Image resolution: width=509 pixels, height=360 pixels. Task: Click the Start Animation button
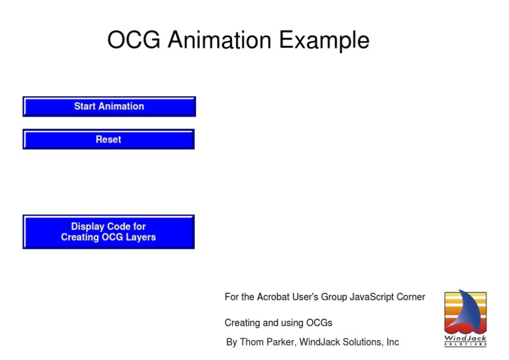pyautogui.click(x=109, y=106)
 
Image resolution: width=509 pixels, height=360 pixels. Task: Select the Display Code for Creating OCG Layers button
pyautogui.click(x=109, y=232)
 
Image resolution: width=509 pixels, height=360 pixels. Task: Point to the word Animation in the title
pyautogui.click(x=219, y=40)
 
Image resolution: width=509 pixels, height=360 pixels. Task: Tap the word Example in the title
pyautogui.click(x=323, y=40)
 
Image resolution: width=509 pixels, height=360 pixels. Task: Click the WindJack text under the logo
pyautogui.click(x=465, y=339)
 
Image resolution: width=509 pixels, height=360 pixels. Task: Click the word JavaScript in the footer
pyautogui.click(x=373, y=297)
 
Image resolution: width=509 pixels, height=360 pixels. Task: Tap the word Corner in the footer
pyautogui.click(x=412, y=297)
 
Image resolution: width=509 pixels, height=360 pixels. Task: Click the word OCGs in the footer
pyautogui.click(x=319, y=323)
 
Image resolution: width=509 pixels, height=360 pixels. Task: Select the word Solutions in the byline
pyautogui.click(x=363, y=342)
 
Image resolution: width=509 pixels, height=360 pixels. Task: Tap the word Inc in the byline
pyautogui.click(x=392, y=342)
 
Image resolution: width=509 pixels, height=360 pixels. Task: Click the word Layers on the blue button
pyautogui.click(x=141, y=237)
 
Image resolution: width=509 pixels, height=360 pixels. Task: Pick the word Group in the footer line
pyautogui.click(x=334, y=297)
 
